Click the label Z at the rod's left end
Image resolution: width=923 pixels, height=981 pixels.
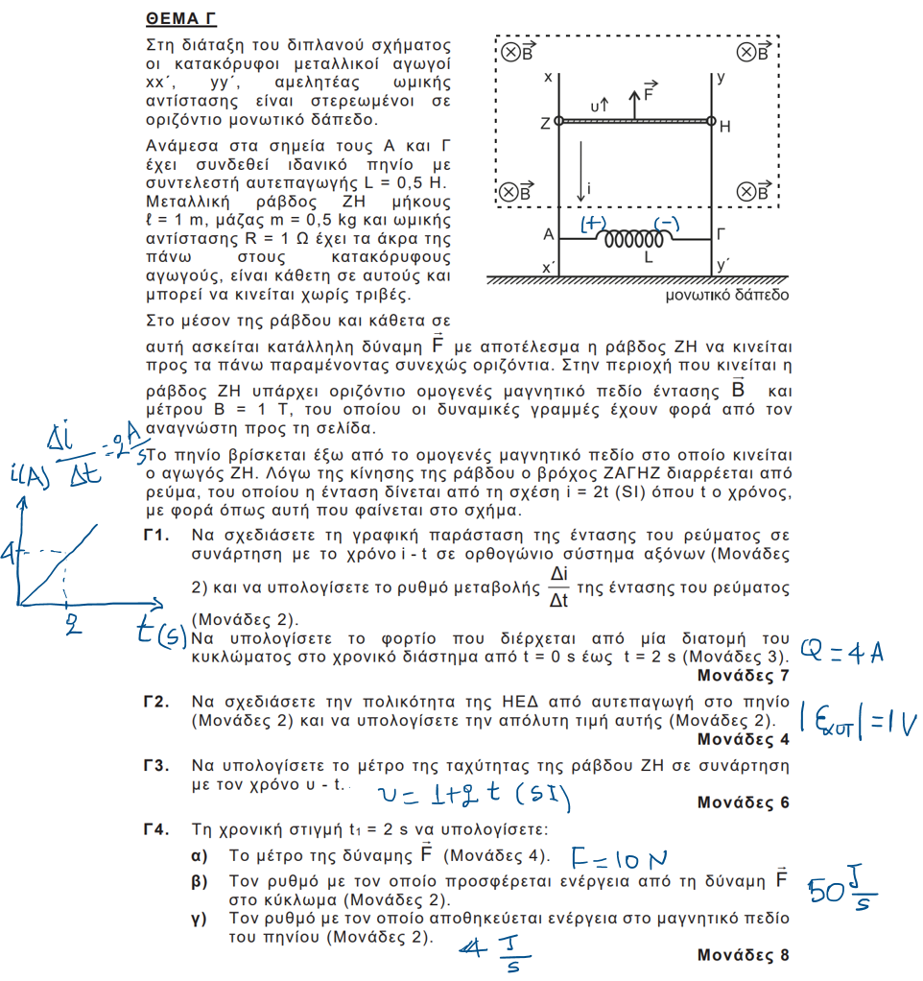tap(545, 124)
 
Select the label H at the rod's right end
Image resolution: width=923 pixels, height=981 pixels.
tap(724, 125)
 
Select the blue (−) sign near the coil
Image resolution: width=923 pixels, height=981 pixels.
tap(667, 224)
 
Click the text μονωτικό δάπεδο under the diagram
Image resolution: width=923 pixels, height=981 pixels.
tap(726, 295)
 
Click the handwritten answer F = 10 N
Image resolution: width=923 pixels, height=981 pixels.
tap(619, 857)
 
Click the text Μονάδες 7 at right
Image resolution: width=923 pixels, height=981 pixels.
tap(743, 677)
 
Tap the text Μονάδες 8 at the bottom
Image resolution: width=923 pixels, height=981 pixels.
tap(743, 956)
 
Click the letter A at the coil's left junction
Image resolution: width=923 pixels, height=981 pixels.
tap(547, 234)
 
